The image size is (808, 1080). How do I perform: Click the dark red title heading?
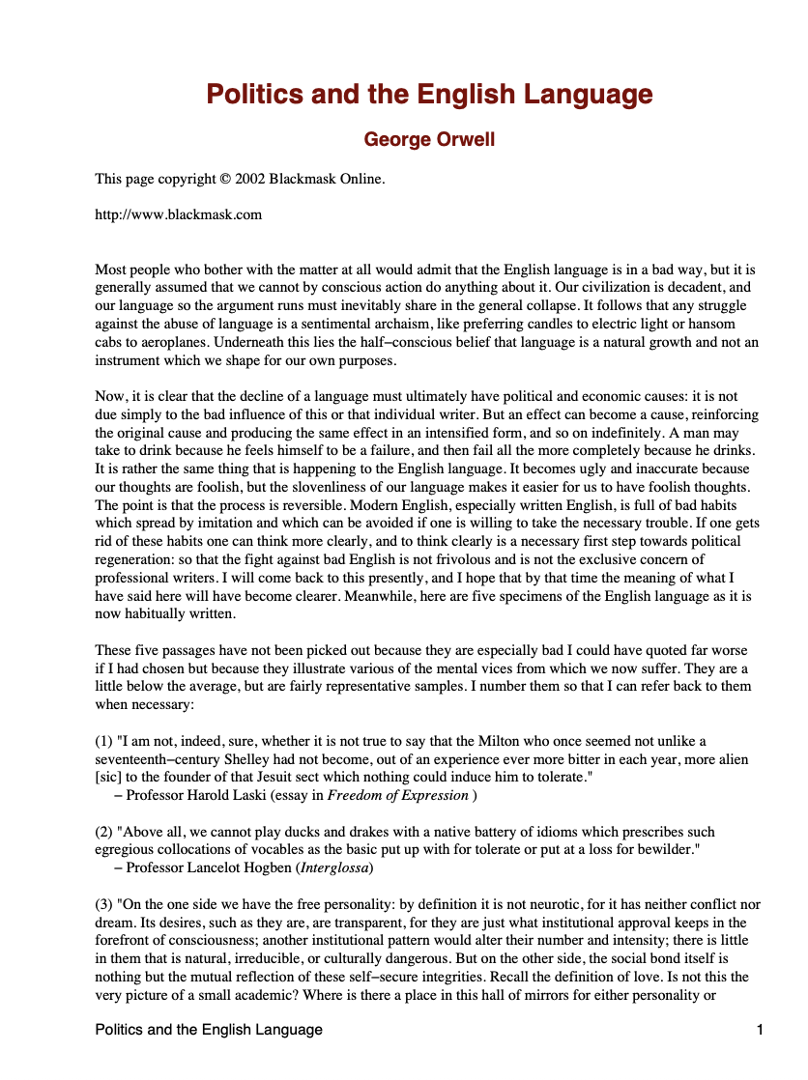pos(429,95)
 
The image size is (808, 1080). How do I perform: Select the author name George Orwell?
pos(429,140)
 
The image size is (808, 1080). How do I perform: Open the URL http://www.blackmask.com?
pos(178,214)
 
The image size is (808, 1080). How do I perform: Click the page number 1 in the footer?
pos(761,1030)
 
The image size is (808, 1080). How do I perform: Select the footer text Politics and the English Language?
pos(209,1030)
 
